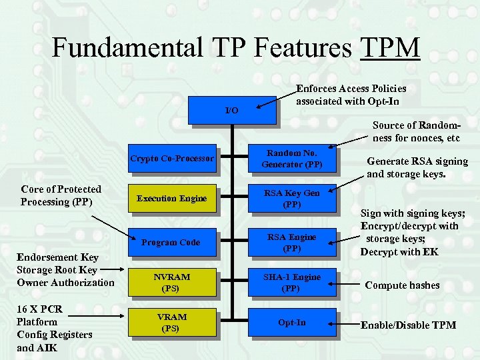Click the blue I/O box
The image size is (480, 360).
tap(231, 110)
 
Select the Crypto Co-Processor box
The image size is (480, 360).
tap(172, 159)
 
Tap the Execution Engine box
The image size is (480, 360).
tap(172, 198)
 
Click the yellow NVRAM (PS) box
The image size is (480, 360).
tap(171, 283)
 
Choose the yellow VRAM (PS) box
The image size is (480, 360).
tap(171, 323)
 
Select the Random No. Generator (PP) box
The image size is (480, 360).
tap(292, 159)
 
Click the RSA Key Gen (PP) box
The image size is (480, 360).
tap(292, 199)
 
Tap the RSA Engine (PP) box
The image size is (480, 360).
tap(292, 242)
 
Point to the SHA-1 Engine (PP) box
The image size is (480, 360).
tap(292, 283)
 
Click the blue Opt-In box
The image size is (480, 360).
tap(292, 323)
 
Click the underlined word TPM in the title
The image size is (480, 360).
tap(390, 47)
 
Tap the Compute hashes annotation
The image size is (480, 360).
tap(402, 285)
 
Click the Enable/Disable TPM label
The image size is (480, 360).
tap(408, 325)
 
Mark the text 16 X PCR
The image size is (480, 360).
tap(40, 309)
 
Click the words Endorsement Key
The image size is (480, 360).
tap(57, 257)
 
